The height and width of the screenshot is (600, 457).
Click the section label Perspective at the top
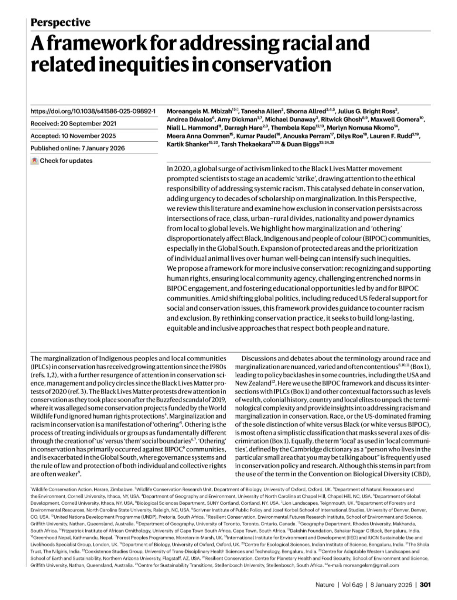(60, 22)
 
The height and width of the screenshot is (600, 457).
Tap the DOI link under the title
(93, 111)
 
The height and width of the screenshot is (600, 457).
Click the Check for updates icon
(34, 161)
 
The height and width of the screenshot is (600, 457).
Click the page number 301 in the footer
(425, 585)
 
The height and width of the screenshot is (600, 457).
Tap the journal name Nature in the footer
(325, 585)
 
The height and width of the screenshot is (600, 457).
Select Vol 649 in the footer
(351, 585)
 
